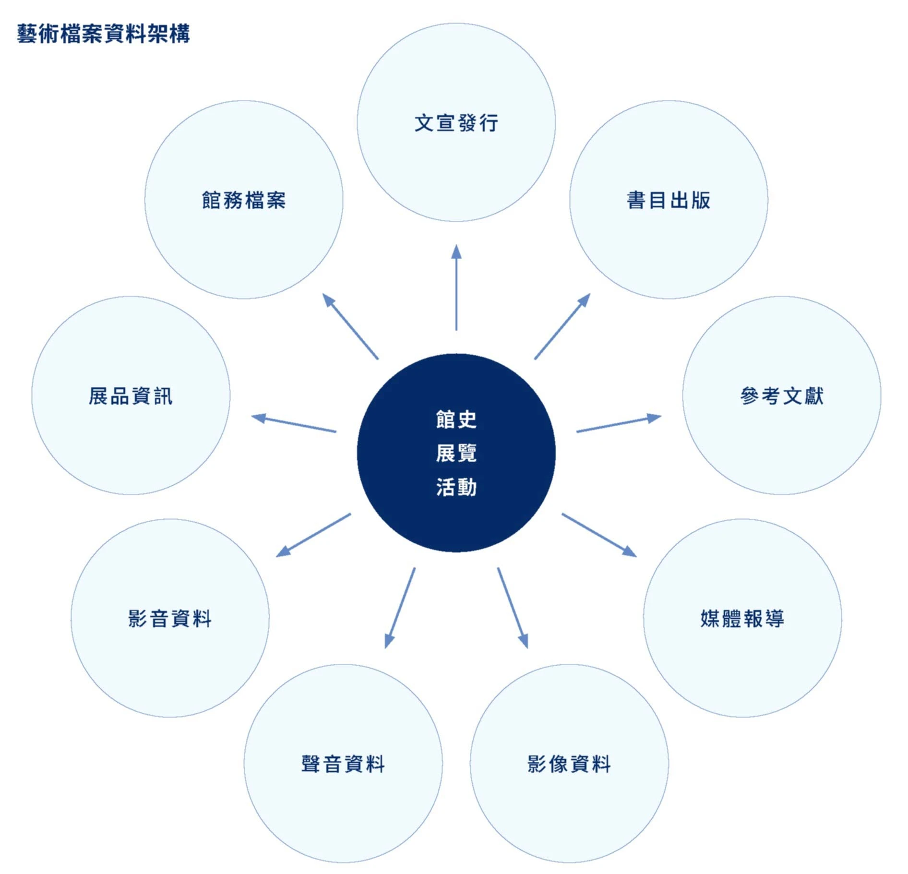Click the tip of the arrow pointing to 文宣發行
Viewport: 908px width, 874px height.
[456, 245]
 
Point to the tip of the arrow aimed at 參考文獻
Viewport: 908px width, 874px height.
[661, 416]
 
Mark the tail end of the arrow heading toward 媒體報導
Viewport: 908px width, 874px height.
[562, 514]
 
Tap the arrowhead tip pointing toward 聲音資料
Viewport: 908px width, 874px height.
[386, 648]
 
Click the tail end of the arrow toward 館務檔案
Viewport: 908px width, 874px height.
[378, 359]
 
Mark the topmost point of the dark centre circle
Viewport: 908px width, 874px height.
[456, 354]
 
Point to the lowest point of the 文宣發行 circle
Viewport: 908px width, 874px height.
[456, 222]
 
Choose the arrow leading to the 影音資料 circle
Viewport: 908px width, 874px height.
[313, 535]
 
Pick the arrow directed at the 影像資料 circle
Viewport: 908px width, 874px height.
[513, 608]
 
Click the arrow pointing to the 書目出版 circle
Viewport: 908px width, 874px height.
[562, 326]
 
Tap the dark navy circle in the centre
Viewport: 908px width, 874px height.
[456, 453]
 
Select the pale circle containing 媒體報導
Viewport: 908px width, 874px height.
[742, 618]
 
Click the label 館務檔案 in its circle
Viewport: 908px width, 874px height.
[244, 200]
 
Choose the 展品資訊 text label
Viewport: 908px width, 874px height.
[131, 396]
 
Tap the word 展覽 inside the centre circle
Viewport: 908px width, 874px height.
[456, 453]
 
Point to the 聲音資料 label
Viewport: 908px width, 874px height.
[343, 764]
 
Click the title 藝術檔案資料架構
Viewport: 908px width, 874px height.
[104, 34]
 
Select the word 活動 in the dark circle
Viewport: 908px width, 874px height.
[456, 487]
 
